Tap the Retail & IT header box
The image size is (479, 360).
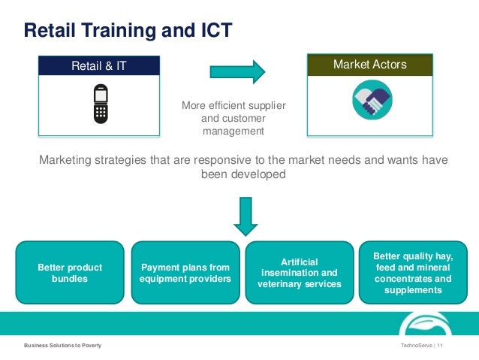pyautogui.click(x=99, y=66)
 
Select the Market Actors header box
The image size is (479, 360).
pyautogui.click(x=369, y=65)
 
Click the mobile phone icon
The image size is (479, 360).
pyautogui.click(x=99, y=104)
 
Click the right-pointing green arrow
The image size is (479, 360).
pyautogui.click(x=237, y=71)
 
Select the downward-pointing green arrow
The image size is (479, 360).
pyautogui.click(x=244, y=216)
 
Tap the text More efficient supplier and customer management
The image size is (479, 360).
pyautogui.click(x=233, y=118)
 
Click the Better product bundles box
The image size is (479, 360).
pyautogui.click(x=70, y=273)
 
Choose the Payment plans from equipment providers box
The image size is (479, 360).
pyautogui.click(x=185, y=273)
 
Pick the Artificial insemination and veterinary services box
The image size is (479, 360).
pyautogui.click(x=298, y=273)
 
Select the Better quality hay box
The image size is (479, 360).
pyautogui.click(x=412, y=273)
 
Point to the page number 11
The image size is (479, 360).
pyautogui.click(x=440, y=345)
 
